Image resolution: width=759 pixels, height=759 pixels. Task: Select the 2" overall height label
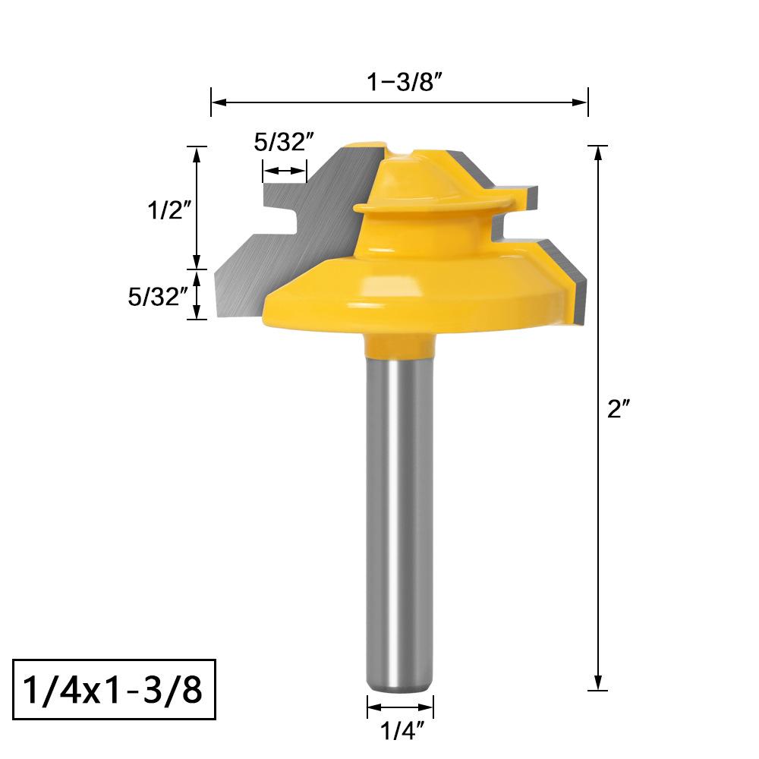tap(619, 409)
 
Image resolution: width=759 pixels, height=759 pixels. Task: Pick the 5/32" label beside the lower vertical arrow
tap(157, 296)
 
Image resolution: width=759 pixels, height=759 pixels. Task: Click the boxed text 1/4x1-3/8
tap(114, 691)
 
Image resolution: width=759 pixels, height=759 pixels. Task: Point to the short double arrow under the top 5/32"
tap(284, 172)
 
